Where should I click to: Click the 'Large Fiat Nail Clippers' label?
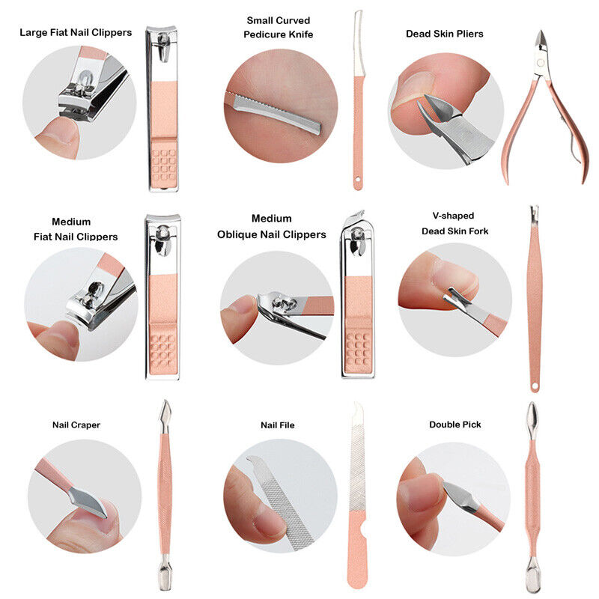pos(76,32)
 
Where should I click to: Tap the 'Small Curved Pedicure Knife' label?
pos(278,28)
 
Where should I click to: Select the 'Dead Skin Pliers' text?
pos(444,34)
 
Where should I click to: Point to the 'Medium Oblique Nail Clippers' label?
pos(272,227)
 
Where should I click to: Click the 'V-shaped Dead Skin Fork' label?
pos(454,223)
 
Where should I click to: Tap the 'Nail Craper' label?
pos(76,425)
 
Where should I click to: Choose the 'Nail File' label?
pos(278,425)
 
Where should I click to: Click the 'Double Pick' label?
pos(455,425)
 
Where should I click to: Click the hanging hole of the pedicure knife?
pos(358,179)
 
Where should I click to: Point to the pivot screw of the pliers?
pos(541,62)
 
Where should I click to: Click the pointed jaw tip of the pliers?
pos(540,32)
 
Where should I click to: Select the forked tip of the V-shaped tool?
pos(535,210)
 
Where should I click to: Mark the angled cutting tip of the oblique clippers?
pos(359,213)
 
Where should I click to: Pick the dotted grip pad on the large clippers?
pos(163,165)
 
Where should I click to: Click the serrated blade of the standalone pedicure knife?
pos(359,44)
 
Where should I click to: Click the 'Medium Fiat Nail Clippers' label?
pos(76,229)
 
